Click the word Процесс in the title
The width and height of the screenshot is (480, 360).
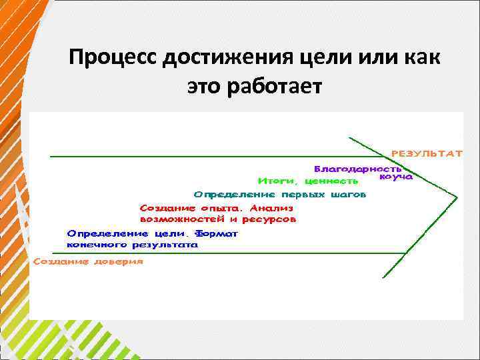coord(111,59)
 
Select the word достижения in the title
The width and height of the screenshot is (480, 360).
coord(223,59)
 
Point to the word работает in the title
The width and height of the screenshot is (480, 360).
coord(275,87)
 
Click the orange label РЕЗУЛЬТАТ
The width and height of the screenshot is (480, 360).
coord(427,153)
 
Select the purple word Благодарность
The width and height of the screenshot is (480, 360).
coord(357,169)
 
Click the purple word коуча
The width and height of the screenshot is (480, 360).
coord(396,177)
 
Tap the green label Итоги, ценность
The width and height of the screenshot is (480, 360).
coord(309,181)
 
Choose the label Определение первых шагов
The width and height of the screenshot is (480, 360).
coord(280,195)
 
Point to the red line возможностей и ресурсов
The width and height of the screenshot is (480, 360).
coord(218,219)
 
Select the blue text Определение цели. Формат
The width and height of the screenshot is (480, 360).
coord(153,234)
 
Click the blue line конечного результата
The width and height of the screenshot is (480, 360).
coord(133,245)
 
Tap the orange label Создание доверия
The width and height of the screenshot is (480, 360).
coord(88,262)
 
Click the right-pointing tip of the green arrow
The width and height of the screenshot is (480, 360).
coord(457,197)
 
